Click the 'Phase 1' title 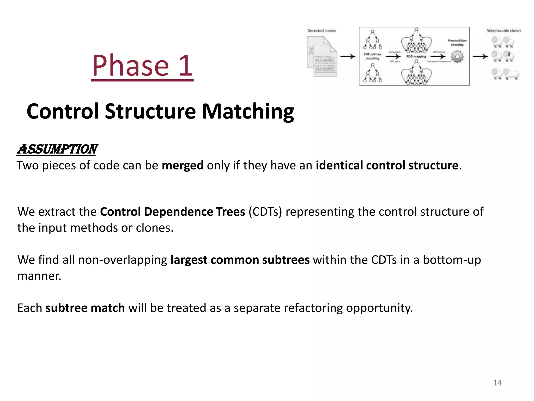click(x=142, y=66)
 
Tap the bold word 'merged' click(x=183, y=166)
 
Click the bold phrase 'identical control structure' click(x=387, y=166)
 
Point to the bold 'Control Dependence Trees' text click(x=172, y=212)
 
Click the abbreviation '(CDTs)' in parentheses click(x=265, y=212)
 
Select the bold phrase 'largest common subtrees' click(x=240, y=260)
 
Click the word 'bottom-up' click(x=452, y=260)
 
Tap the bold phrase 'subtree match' click(x=85, y=308)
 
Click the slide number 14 click(x=497, y=383)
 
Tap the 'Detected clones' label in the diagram click(x=321, y=31)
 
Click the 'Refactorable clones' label click(x=503, y=31)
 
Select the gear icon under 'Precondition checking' click(x=457, y=57)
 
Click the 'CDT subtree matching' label click(x=372, y=56)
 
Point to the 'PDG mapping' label click(x=416, y=56)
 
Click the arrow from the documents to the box click(x=348, y=56)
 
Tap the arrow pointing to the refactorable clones click(x=480, y=56)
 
